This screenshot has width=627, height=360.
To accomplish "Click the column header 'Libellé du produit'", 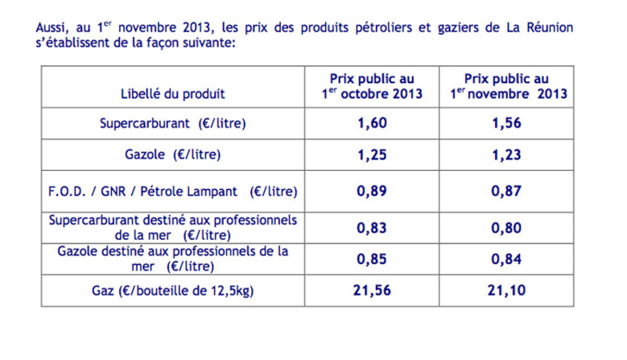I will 173,94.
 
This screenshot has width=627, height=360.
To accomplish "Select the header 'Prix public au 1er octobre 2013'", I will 372,86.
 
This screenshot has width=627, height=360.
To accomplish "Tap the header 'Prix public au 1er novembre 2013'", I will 507,86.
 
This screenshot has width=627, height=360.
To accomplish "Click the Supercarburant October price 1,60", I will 372,124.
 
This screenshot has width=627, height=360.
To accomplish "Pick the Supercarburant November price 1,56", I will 507,124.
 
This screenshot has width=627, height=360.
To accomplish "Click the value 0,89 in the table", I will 372,192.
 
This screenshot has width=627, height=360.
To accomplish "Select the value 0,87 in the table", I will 507,192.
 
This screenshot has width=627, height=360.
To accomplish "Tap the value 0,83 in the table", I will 372,228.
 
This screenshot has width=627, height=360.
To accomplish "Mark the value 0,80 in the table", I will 507,228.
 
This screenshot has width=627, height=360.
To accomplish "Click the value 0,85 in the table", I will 372,259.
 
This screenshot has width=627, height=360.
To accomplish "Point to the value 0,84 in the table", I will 507,259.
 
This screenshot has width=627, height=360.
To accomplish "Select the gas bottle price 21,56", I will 372,290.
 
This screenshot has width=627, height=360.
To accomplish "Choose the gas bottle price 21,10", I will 507,290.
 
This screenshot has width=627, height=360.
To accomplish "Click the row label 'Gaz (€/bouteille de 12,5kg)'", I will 173,290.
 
